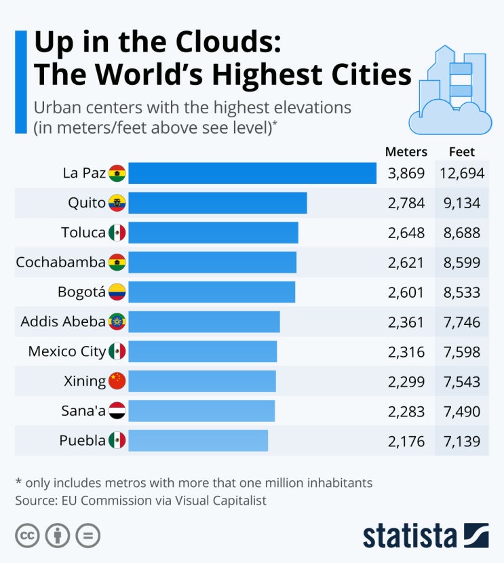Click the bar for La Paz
click(252, 173)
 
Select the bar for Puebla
click(197, 440)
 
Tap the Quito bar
click(217, 203)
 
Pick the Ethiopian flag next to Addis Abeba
click(117, 322)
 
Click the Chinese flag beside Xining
click(117, 381)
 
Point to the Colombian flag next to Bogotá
click(117, 292)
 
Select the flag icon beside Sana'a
click(117, 410)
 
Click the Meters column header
click(406, 152)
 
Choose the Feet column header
click(462, 152)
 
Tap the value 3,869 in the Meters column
click(406, 174)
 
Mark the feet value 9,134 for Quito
click(462, 203)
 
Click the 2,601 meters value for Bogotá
click(406, 292)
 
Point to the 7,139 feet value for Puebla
click(462, 441)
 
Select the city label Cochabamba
click(60, 262)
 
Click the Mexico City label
click(66, 351)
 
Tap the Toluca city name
click(83, 233)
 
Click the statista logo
click(425, 535)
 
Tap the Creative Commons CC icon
click(27, 536)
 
